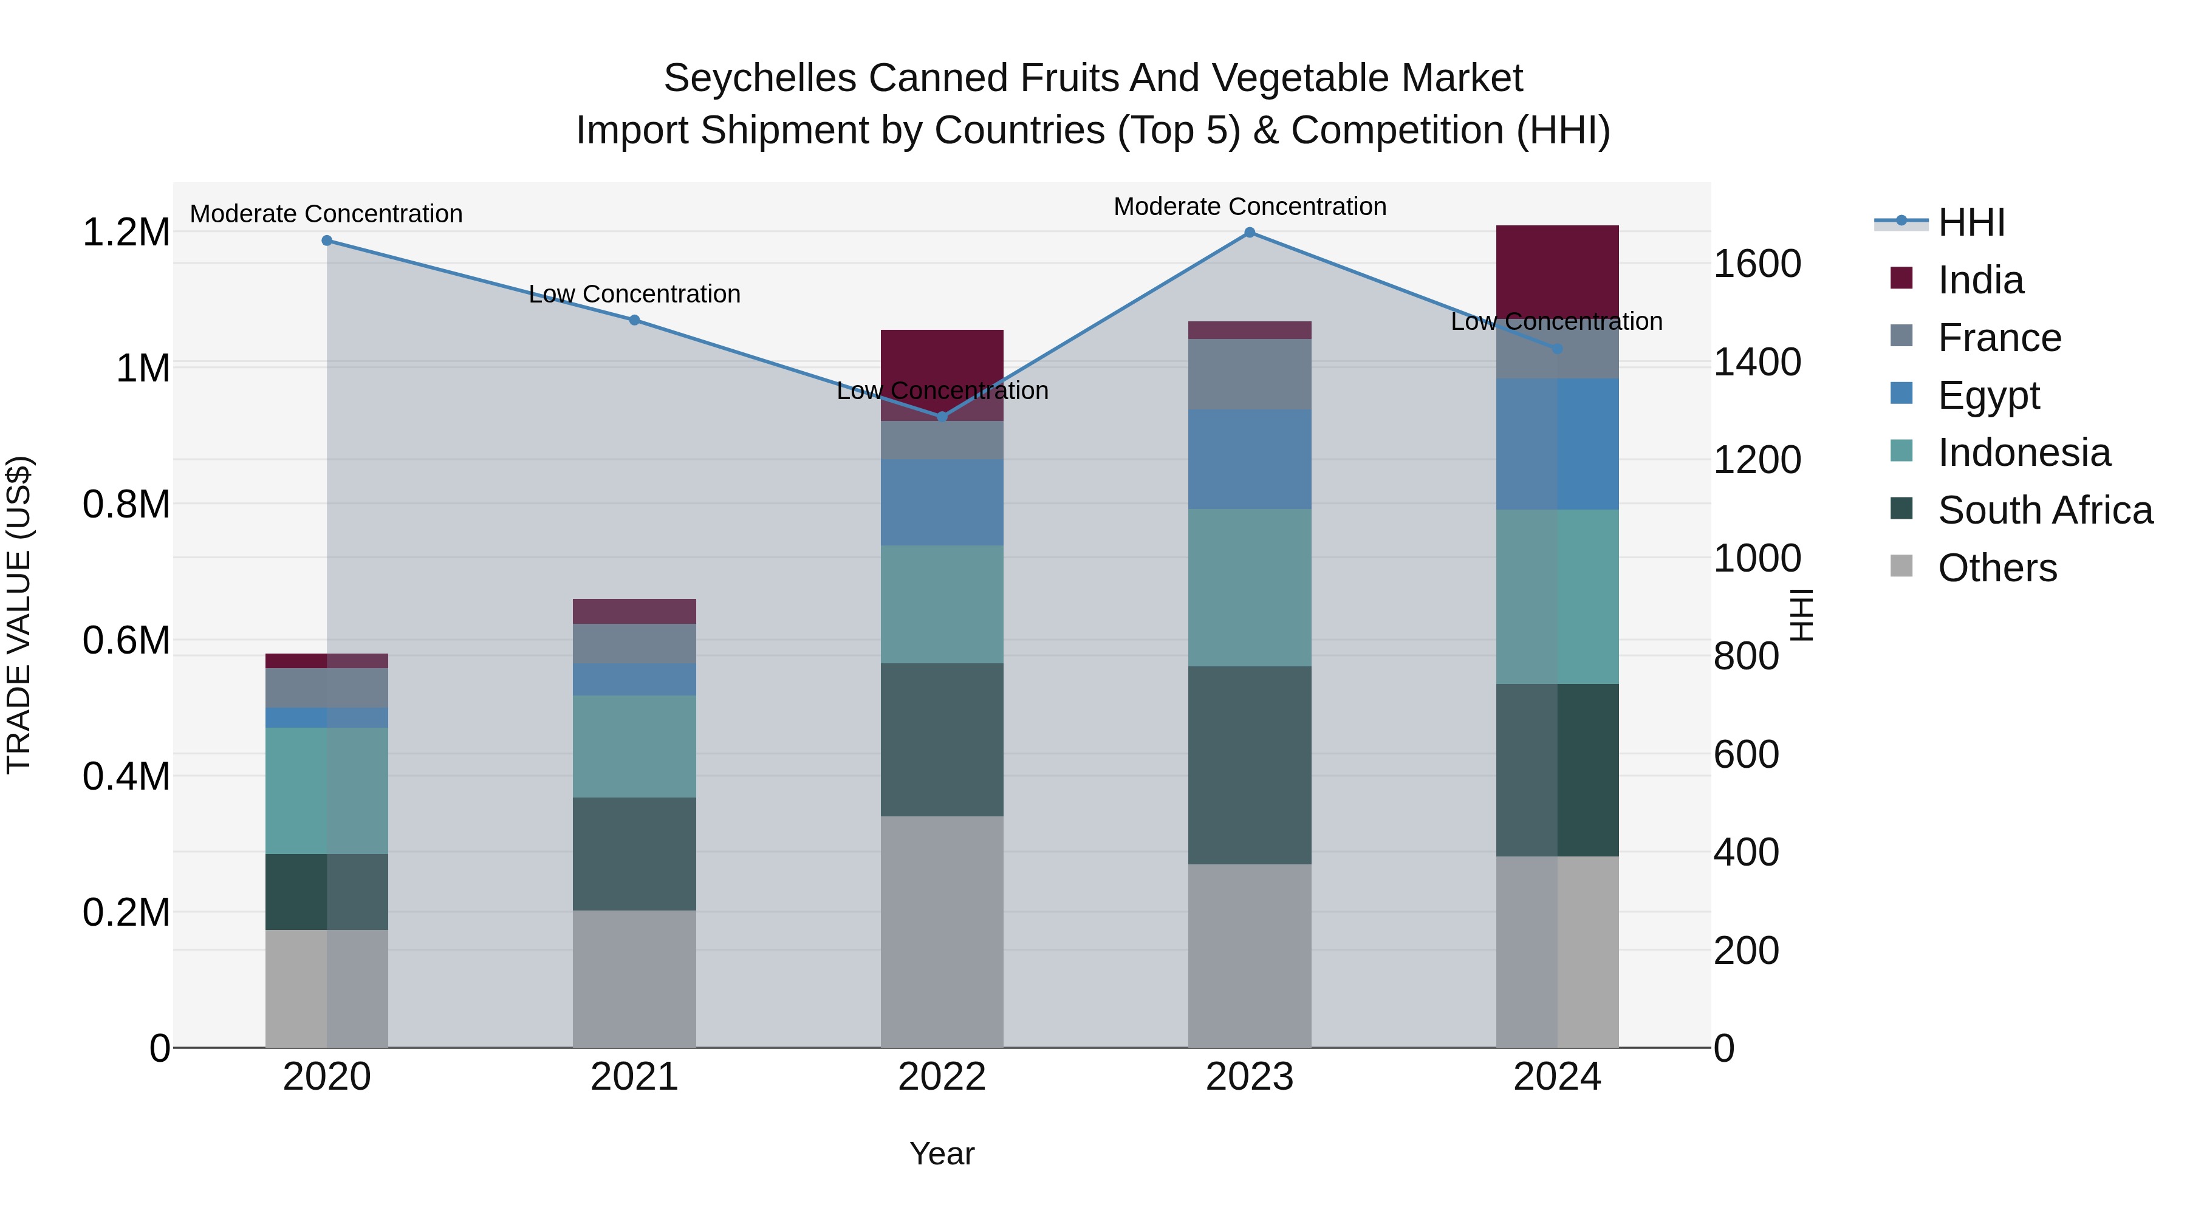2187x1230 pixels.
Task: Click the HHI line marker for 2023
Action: tap(1249, 232)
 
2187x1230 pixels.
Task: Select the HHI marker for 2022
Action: tap(942, 417)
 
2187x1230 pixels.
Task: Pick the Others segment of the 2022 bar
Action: tap(942, 931)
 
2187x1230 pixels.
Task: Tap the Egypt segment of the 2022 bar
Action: tap(942, 502)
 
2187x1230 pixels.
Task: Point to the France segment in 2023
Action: tap(1249, 374)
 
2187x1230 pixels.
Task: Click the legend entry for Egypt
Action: tap(1988, 395)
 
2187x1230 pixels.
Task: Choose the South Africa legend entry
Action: tap(2044, 510)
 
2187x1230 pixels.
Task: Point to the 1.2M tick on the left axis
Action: tap(126, 233)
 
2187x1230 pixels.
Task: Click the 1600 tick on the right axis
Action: tap(1756, 264)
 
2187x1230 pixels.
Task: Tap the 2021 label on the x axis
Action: tap(634, 1077)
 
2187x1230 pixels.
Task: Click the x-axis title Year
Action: tap(942, 1153)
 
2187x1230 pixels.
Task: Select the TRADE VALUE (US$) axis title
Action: tap(19, 615)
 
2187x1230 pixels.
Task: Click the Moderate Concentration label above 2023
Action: tap(1249, 207)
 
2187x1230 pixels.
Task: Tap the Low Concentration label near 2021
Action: tap(634, 294)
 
